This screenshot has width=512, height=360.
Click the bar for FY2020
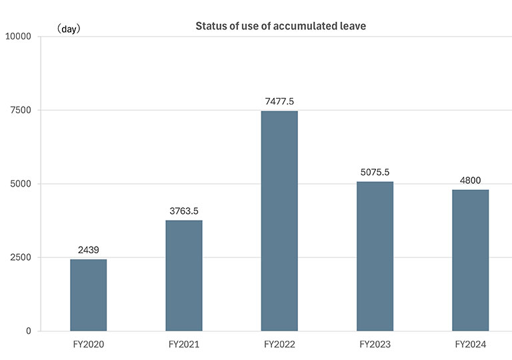point(88,295)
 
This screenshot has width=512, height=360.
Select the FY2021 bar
point(183,275)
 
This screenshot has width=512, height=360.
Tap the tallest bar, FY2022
point(279,221)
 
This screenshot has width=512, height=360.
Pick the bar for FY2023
point(375,256)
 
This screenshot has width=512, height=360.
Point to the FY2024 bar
point(470,260)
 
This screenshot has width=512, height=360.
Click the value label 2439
point(88,250)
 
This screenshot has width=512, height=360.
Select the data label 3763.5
point(183,211)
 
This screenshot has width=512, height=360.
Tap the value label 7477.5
point(279,101)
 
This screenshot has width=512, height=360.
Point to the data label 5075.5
point(375,172)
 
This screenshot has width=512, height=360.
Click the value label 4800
point(470,180)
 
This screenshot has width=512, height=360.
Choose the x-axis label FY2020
point(88,345)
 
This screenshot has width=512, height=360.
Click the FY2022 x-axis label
point(279,345)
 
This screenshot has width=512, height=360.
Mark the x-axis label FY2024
point(470,345)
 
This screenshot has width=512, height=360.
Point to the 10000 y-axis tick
point(19,36)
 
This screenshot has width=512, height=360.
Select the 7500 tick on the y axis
point(21,110)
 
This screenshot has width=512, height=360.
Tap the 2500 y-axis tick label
point(21,257)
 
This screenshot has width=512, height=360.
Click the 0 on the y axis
point(29,331)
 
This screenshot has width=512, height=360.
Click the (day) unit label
point(68,29)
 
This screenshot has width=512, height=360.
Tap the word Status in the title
point(209,27)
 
